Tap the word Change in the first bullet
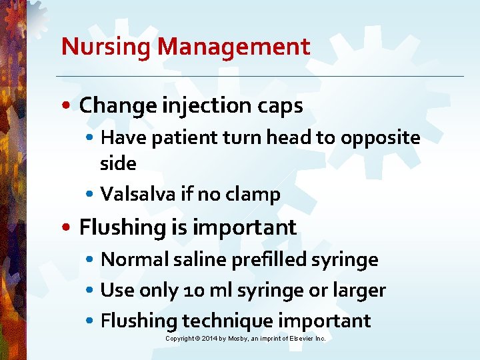115,105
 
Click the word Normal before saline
135,259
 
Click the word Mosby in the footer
238,339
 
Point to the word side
118,163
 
